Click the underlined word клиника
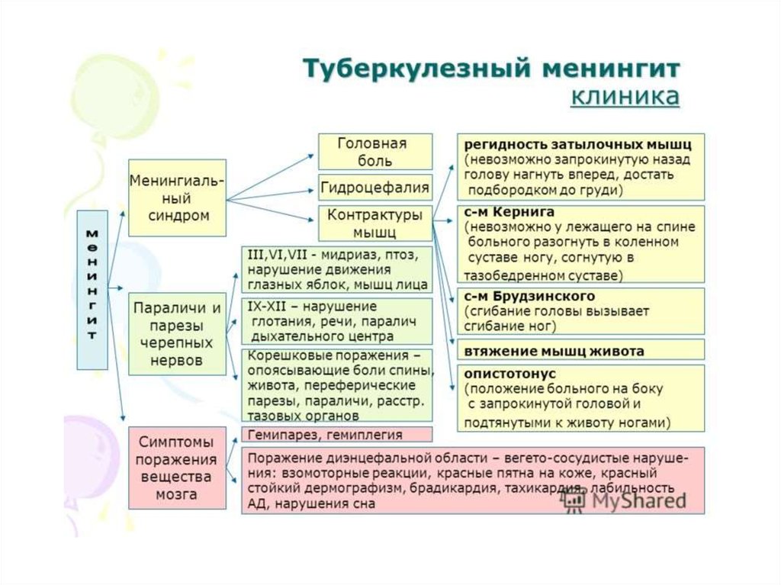click(x=625, y=95)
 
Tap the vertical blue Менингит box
click(x=92, y=290)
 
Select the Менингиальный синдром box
click(x=177, y=198)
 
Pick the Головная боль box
click(x=375, y=152)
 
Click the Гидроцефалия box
click(x=375, y=188)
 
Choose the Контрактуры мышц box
click(x=375, y=223)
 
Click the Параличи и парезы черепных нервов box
click(x=177, y=334)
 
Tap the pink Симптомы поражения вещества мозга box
click(x=177, y=468)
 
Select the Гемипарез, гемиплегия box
click(x=336, y=434)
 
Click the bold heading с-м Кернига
click(x=509, y=212)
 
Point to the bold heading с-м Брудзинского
click(x=529, y=296)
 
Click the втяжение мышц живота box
click(x=580, y=350)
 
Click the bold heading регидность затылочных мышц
click(x=578, y=145)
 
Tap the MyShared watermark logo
click(x=625, y=499)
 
